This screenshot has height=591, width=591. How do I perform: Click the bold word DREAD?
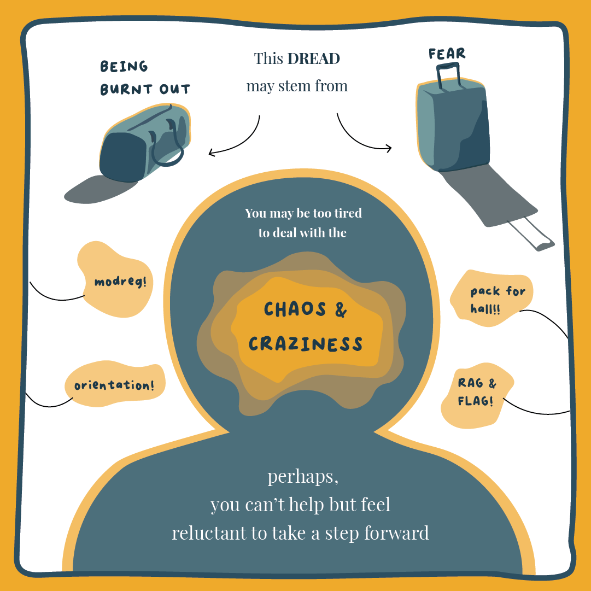314,59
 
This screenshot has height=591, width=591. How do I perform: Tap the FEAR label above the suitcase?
447,54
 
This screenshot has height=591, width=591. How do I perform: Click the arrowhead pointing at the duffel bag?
211,154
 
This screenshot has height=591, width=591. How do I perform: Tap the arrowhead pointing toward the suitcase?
389,148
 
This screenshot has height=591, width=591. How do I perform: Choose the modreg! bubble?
120,282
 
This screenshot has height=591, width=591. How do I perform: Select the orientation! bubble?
114,385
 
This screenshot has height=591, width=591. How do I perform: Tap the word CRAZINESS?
306,344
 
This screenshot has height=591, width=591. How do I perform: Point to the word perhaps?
303,477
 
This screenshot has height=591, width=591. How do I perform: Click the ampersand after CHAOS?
340,310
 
